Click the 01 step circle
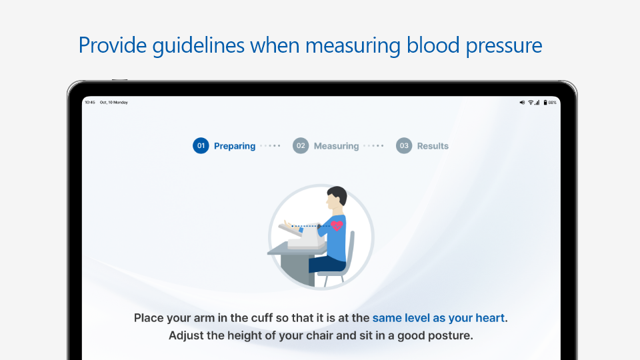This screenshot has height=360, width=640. tap(201, 146)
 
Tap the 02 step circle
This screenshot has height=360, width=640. tap(301, 146)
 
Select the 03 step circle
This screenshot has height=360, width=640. tap(404, 146)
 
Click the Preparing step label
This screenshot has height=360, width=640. tap(235, 146)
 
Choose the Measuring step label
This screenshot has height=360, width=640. tap(336, 146)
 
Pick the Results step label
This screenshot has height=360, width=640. tap(433, 146)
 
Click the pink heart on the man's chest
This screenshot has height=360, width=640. tap(337, 225)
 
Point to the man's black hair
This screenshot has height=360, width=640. tap(338, 194)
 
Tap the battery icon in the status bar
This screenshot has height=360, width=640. tap(545, 103)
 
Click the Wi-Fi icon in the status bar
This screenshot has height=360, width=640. tap(531, 103)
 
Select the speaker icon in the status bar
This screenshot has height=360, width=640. tap(522, 103)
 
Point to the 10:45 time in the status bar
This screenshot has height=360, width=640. tap(90, 103)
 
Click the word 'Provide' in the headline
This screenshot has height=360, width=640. tap(113, 45)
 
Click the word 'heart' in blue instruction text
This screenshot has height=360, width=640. tap(491, 318)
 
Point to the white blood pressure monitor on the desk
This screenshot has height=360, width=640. tap(306, 237)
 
